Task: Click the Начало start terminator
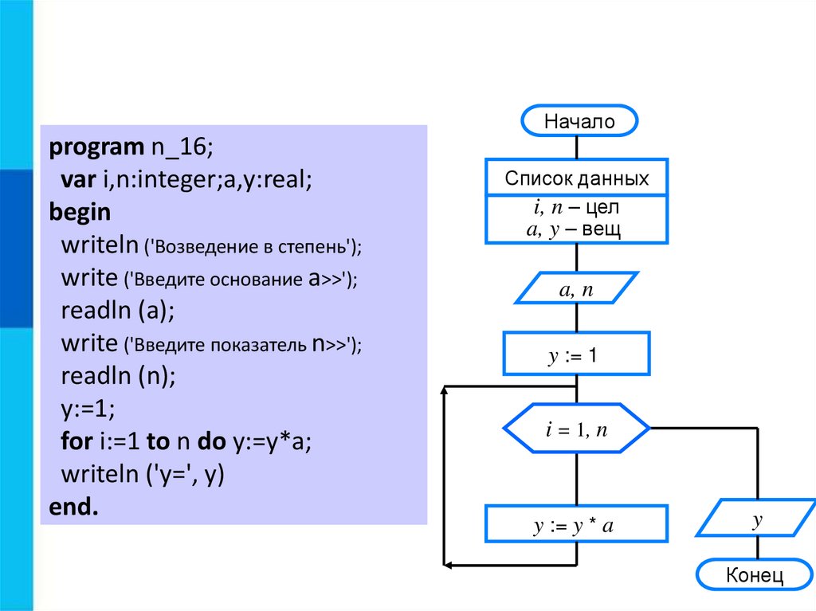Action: click(579, 122)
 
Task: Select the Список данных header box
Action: click(576, 178)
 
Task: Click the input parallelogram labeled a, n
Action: click(576, 289)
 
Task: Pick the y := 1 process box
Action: click(576, 354)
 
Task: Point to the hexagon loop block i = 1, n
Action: click(576, 430)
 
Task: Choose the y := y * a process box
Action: click(576, 525)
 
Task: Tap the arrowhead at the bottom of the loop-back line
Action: click(449, 565)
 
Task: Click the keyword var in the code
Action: click(78, 181)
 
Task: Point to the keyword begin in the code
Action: click(80, 213)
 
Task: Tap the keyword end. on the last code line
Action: click(73, 507)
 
